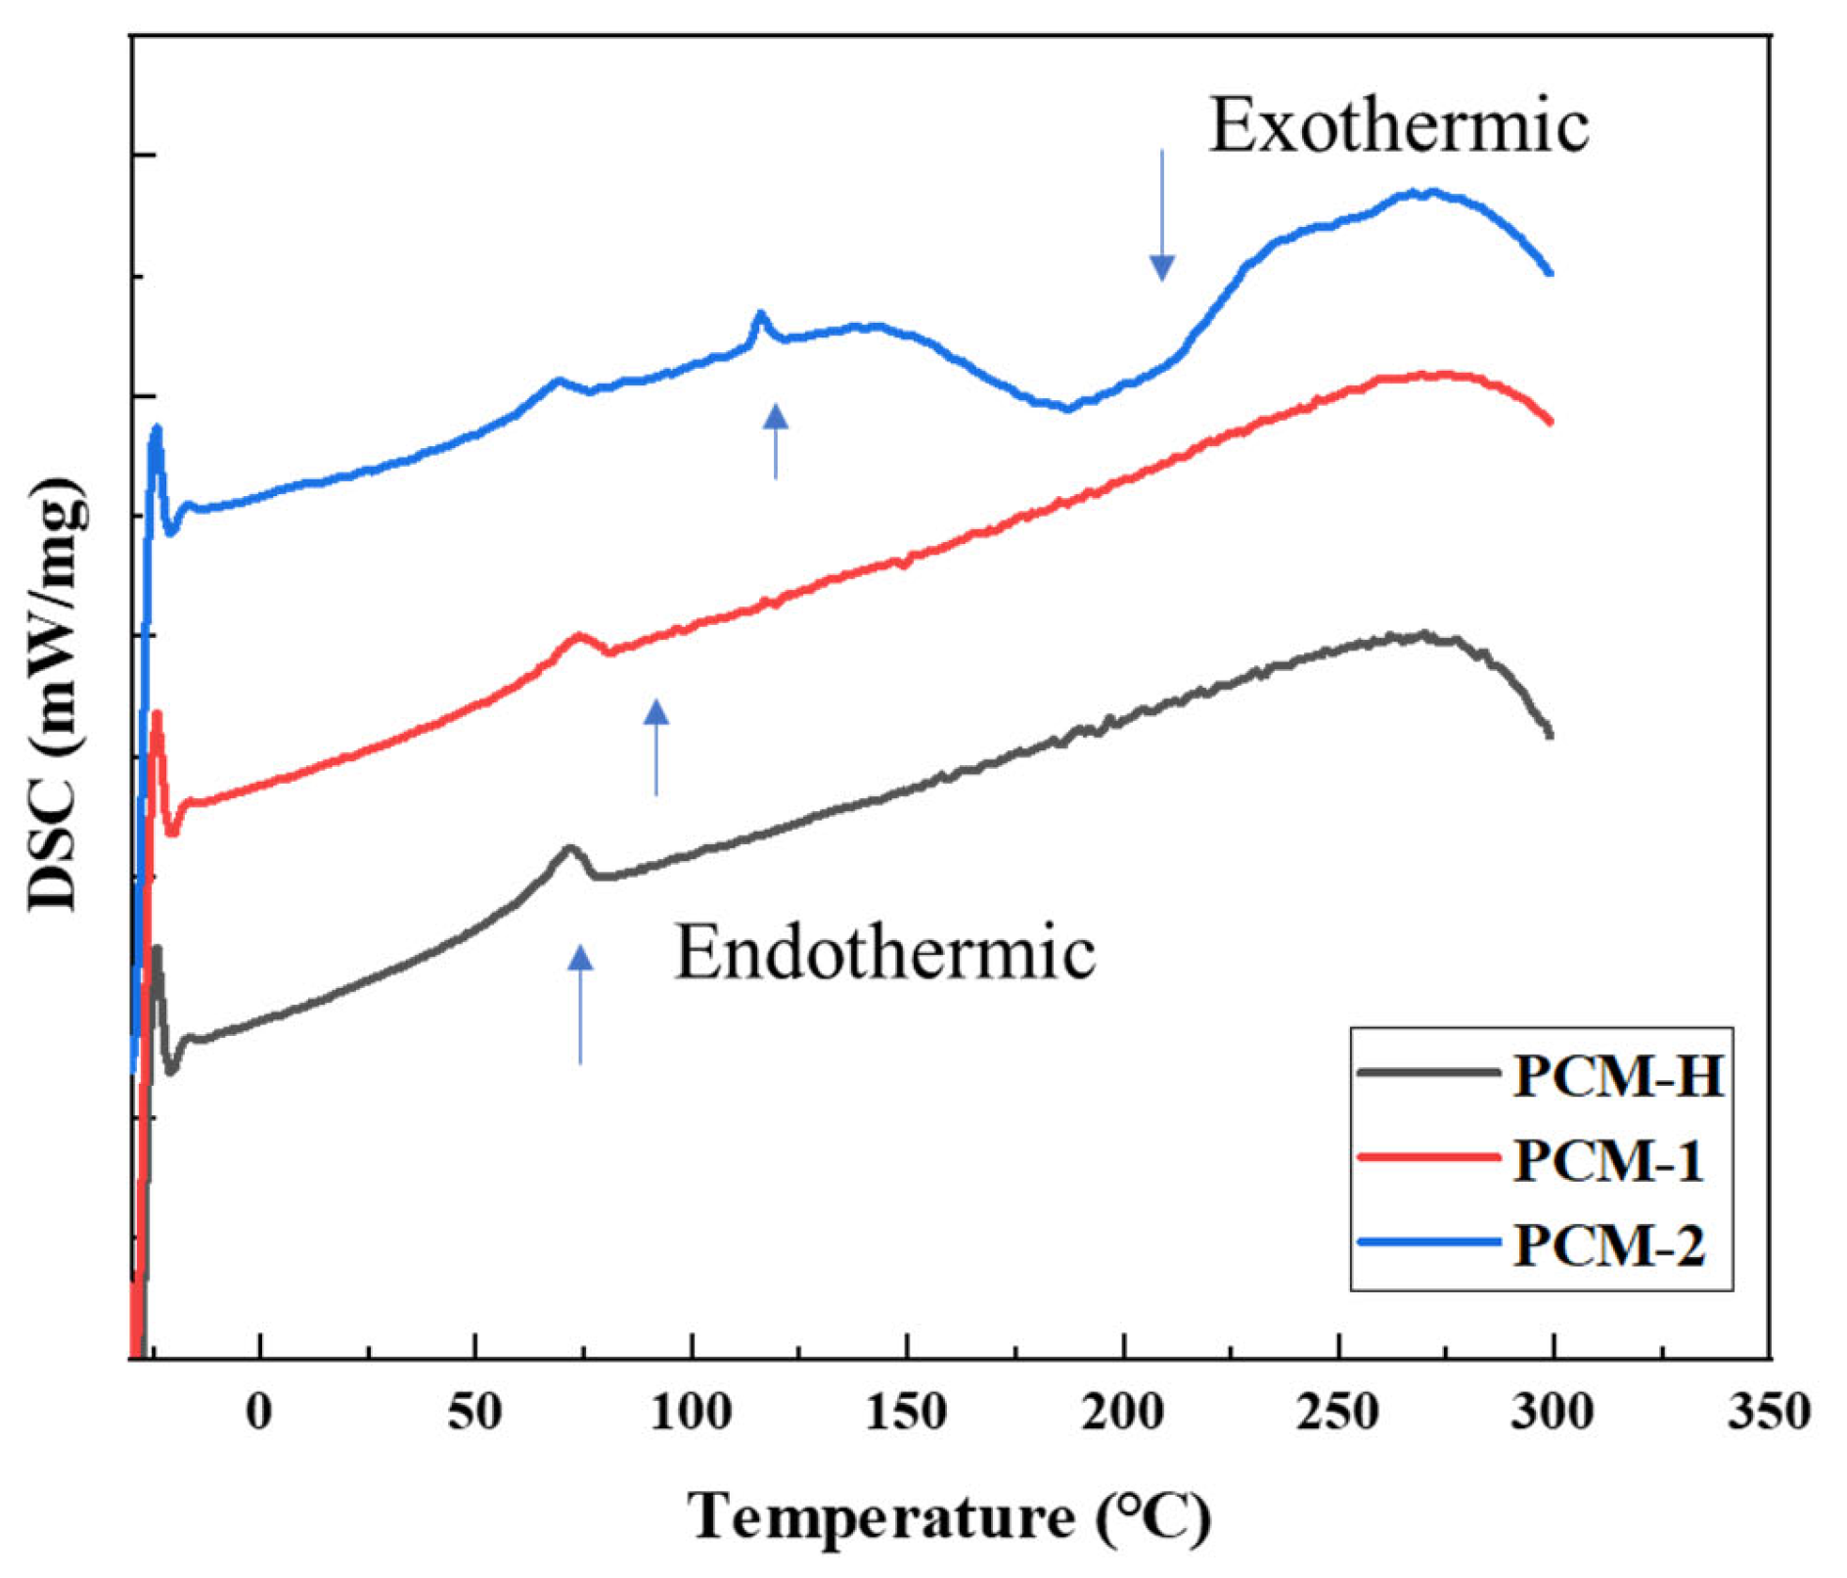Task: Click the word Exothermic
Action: tap(1399, 126)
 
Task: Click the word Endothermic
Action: tap(884, 953)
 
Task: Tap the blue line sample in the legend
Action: tap(1429, 1242)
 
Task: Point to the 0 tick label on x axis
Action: tap(259, 1413)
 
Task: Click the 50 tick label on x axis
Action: tap(475, 1413)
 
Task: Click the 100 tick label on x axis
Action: tap(692, 1413)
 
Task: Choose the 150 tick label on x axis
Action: tap(907, 1413)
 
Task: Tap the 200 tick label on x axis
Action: tap(1123, 1413)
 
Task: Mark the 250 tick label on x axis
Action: tap(1338, 1413)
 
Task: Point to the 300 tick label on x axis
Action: tap(1554, 1413)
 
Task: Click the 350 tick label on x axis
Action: tap(1769, 1413)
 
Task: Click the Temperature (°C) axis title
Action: tap(950, 1517)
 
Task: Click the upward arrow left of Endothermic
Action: tap(580, 1004)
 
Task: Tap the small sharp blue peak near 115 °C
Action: tap(759, 314)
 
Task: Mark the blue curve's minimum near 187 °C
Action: tap(1067, 408)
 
